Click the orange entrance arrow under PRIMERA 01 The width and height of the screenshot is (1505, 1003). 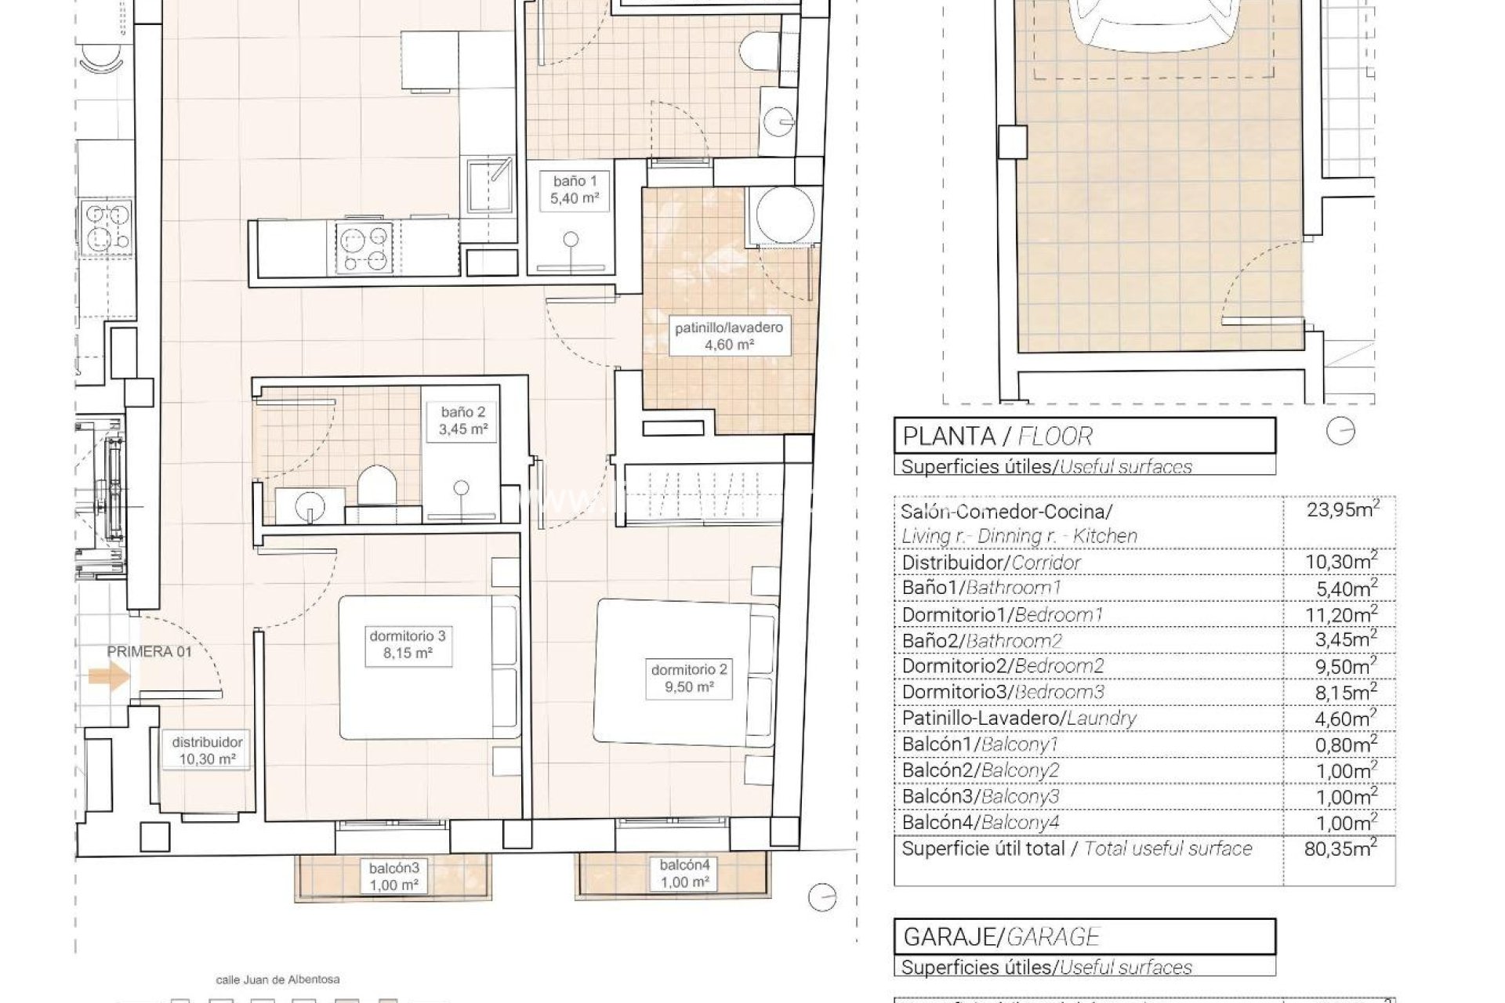pos(108,676)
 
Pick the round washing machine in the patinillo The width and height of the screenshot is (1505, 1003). pos(784,215)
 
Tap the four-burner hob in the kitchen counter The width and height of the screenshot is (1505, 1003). pos(364,247)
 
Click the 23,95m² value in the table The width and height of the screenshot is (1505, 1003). pos(1342,510)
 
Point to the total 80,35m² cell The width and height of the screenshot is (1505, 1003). pos(1340,848)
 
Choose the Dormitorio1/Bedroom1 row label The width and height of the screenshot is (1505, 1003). pos(1002,614)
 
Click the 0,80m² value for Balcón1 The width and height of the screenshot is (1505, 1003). pos(1345,744)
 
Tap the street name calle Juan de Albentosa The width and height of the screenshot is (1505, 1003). pos(277,979)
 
